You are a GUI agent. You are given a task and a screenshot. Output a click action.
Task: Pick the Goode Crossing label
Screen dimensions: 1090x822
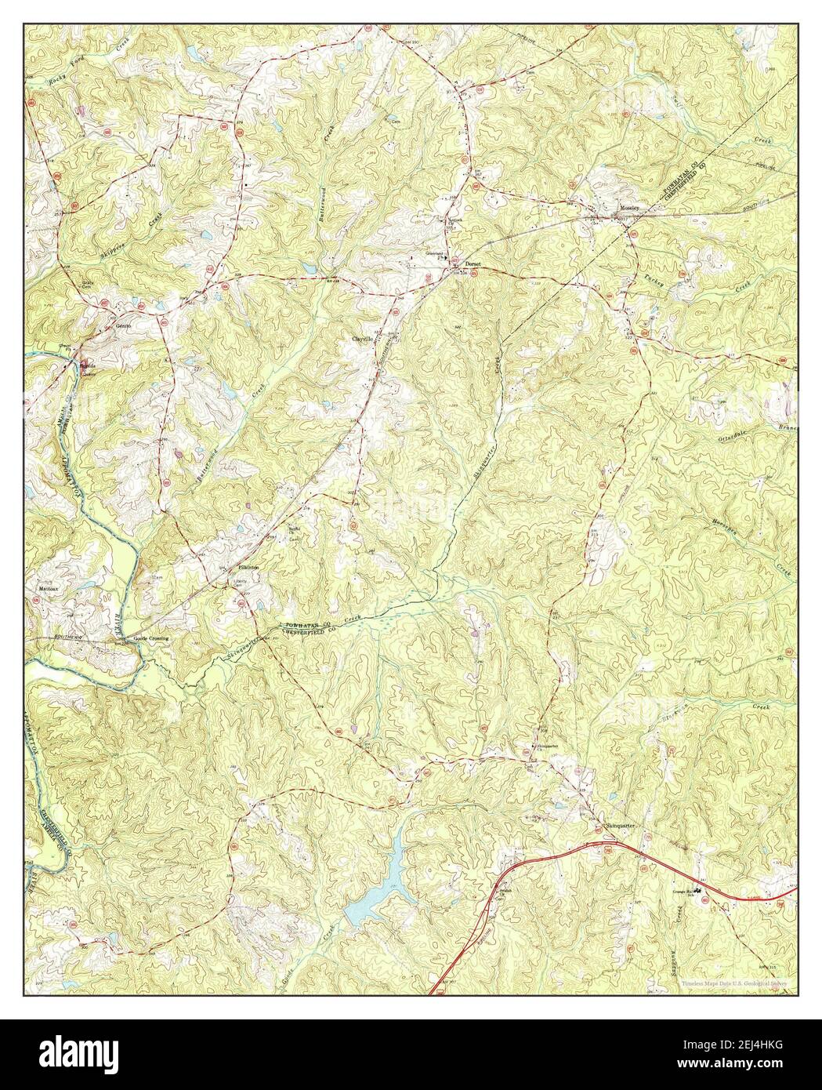(150, 638)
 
